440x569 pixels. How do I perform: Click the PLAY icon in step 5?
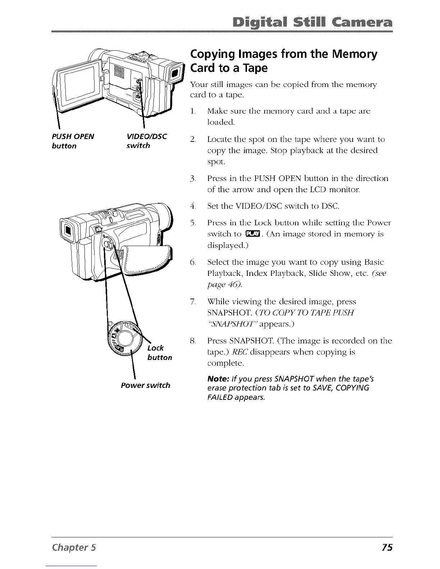coord(251,235)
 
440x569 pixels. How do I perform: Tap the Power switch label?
coord(145,385)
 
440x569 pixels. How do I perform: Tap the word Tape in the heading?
coord(254,68)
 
